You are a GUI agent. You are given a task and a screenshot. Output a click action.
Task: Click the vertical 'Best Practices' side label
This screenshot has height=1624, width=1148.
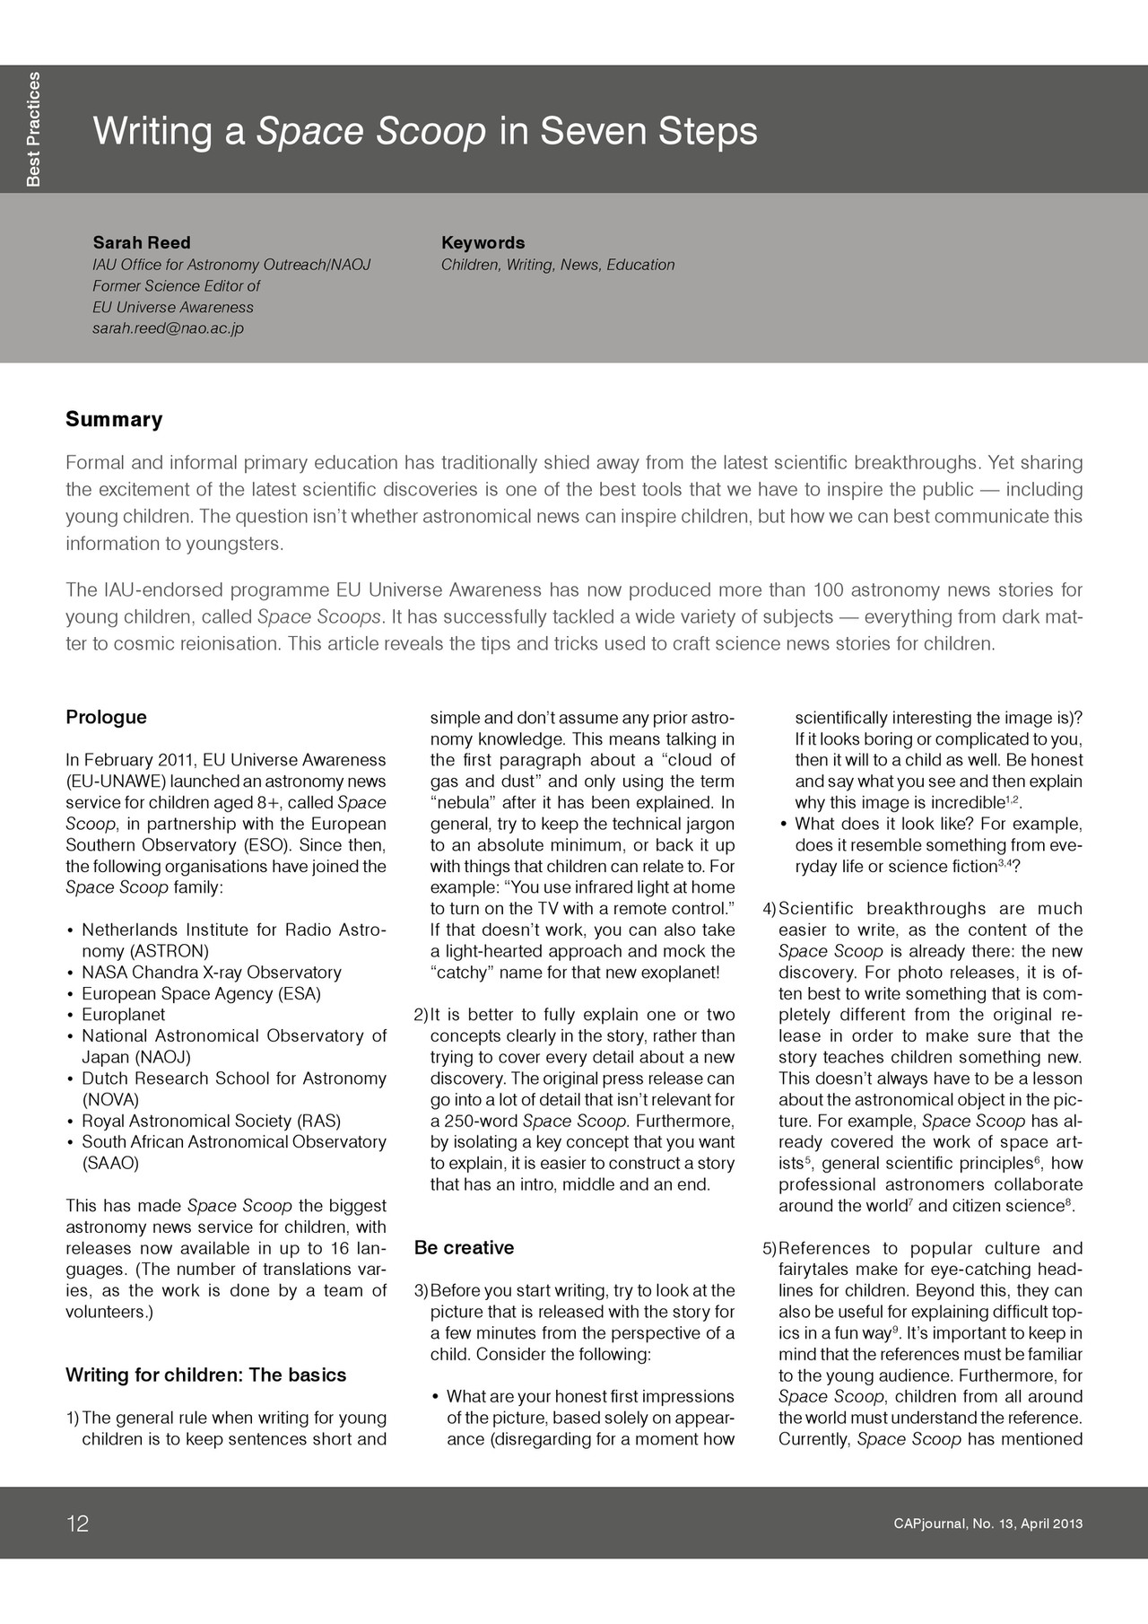click(x=33, y=129)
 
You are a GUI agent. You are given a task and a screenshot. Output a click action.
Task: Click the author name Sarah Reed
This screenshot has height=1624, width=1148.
click(x=142, y=242)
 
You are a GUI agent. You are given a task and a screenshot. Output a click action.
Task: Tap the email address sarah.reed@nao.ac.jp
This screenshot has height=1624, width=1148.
click(x=168, y=328)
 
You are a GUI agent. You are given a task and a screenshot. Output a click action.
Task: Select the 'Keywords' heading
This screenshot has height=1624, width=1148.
click(x=483, y=242)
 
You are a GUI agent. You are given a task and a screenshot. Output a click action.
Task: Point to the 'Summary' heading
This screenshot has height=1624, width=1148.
click(x=114, y=419)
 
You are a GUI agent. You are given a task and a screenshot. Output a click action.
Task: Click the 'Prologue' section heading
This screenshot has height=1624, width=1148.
click(x=106, y=717)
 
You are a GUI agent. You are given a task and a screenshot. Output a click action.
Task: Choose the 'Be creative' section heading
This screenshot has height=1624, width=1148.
click(x=464, y=1247)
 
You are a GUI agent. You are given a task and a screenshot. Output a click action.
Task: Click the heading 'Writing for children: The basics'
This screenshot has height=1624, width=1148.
click(x=205, y=1375)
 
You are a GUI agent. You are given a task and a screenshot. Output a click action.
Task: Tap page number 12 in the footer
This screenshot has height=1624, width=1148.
click(x=78, y=1524)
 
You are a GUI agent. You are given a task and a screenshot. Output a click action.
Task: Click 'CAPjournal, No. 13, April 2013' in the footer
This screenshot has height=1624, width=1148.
click(x=987, y=1524)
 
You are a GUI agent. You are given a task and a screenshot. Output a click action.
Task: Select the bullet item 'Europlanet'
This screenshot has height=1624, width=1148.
click(x=124, y=1015)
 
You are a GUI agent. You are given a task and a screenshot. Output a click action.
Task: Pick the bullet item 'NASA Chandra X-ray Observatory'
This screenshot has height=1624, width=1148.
click(x=212, y=972)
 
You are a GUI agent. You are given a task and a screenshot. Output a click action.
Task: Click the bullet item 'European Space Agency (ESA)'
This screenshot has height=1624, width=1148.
click(x=201, y=993)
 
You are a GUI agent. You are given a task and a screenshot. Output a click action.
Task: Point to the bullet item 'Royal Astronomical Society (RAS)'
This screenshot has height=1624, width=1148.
click(x=211, y=1121)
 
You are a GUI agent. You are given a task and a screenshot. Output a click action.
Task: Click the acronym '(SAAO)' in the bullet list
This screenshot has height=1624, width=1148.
click(x=110, y=1164)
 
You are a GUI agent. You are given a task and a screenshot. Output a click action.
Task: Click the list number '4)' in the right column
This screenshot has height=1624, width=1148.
click(x=769, y=909)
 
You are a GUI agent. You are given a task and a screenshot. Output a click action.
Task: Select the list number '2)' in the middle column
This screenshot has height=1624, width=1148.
click(x=421, y=1015)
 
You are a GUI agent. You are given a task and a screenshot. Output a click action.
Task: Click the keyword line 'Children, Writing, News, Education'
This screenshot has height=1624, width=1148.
click(x=557, y=265)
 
